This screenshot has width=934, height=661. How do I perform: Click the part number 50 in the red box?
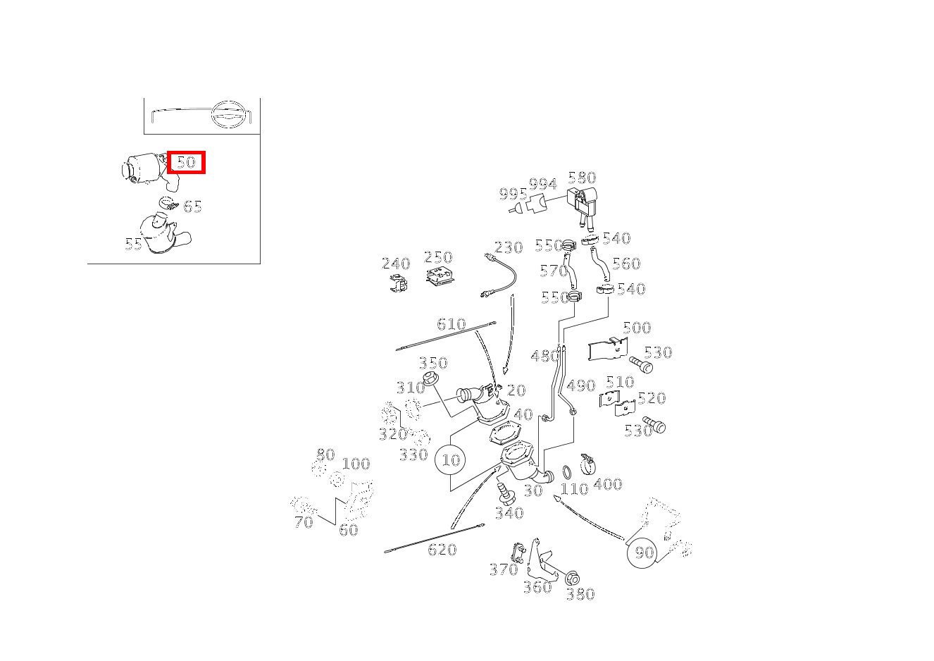(186, 162)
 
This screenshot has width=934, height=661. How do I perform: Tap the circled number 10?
(451, 460)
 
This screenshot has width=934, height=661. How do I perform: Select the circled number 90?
(643, 552)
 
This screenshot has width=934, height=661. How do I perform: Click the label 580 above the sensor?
(582, 178)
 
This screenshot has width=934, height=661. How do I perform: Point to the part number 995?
(513, 194)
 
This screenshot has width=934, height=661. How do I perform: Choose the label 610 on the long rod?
(452, 324)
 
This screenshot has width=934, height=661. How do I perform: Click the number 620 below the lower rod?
(442, 550)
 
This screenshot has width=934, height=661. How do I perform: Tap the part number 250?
(438, 257)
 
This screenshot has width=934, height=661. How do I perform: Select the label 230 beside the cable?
(509, 247)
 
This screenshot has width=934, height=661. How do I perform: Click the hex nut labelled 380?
(572, 579)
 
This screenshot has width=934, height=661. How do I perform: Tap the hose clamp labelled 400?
(587, 464)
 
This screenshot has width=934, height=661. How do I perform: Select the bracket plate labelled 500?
(608, 349)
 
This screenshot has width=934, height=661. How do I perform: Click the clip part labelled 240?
(398, 283)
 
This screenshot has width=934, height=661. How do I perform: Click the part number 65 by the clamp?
(192, 206)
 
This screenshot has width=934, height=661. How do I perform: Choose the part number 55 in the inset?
(133, 244)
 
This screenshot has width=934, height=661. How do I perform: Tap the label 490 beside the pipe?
(581, 385)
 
